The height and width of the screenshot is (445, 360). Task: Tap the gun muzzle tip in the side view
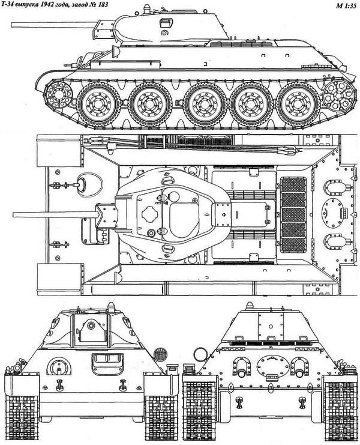click(x=13, y=24)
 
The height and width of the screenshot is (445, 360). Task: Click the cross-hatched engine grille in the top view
click(x=294, y=214)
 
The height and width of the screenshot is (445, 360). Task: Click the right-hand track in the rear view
click(x=338, y=409)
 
